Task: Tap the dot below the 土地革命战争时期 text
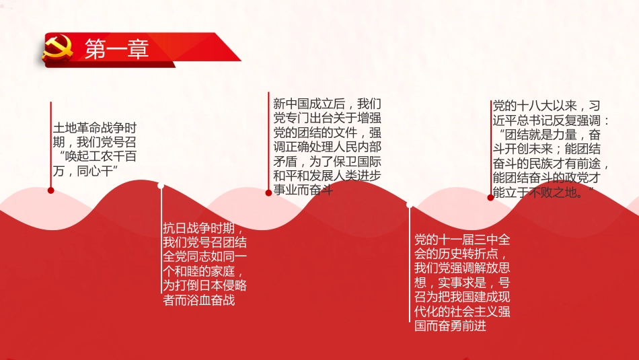tap(51, 190)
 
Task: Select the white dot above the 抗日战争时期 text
tap(161, 186)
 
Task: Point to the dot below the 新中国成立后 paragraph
tap(268, 192)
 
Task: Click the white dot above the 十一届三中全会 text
tap(409, 205)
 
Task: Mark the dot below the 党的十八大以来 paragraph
tap(490, 197)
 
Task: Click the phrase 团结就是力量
tap(537, 135)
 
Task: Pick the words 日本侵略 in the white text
tap(213, 285)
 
